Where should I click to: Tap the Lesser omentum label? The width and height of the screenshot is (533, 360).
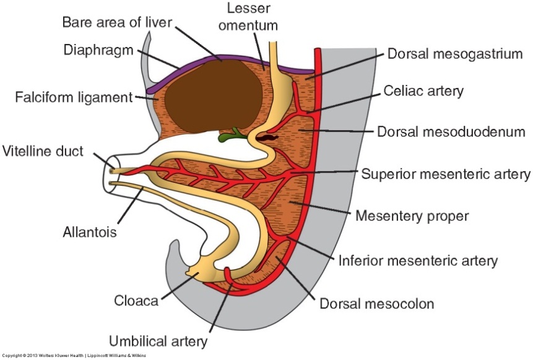[x=251, y=17]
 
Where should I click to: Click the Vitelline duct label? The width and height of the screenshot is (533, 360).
[x=42, y=151]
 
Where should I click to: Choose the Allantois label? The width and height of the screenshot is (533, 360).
[x=90, y=232]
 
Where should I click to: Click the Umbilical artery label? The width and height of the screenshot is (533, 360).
[x=158, y=340]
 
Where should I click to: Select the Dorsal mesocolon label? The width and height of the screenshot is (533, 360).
[x=376, y=304]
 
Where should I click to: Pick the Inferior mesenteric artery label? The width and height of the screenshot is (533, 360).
[x=417, y=260]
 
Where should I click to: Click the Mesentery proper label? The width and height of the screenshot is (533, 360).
[x=412, y=216]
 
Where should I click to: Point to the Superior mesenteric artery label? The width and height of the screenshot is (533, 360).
[x=446, y=173]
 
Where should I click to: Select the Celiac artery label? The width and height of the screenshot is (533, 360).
[x=423, y=92]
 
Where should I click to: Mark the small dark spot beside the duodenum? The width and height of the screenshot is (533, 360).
[x=270, y=134]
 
